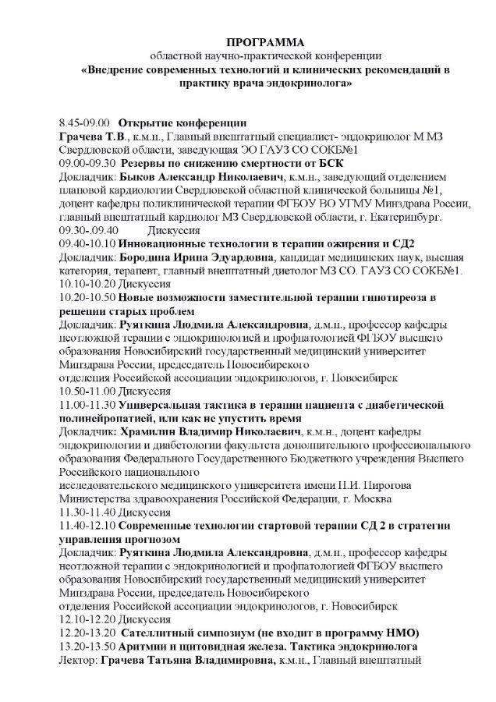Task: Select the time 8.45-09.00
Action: coord(82,123)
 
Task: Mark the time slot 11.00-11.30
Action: coord(87,404)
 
